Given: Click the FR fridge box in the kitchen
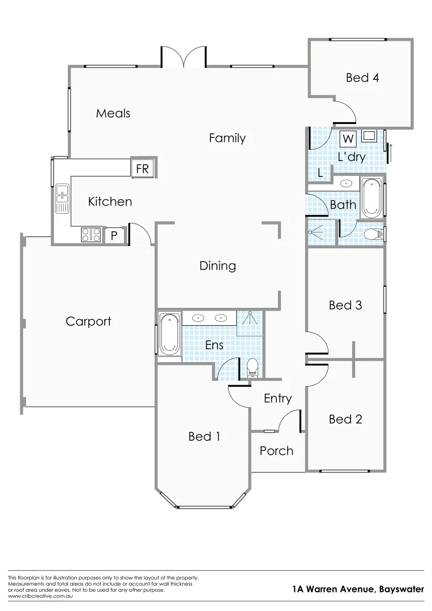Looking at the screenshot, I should [142, 169].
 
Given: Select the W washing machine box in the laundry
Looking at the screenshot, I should [348, 139].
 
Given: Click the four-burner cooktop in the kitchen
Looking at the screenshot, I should [91, 235].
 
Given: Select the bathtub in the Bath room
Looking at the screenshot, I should [371, 198].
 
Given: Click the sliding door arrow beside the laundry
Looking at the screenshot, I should [390, 151].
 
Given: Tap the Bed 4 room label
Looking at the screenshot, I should [362, 78].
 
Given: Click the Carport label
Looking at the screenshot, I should [88, 321].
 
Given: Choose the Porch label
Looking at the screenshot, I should [276, 450].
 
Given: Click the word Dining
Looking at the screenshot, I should [217, 265].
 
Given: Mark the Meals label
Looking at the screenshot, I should [113, 113].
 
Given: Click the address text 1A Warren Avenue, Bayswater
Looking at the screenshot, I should [358, 590].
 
